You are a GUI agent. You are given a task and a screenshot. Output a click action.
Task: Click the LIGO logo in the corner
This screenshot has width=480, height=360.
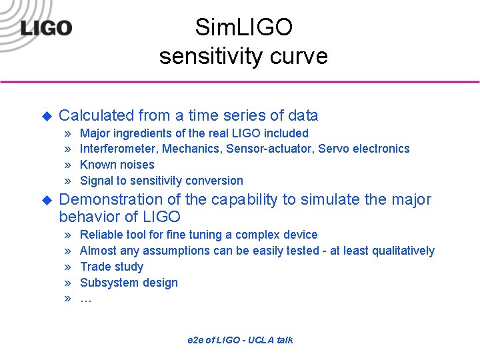pyautogui.click(x=45, y=28)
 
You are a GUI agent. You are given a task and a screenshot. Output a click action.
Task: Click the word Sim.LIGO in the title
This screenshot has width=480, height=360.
pyautogui.click(x=243, y=27)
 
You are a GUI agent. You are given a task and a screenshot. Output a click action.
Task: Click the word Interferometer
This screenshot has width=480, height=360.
pyautogui.click(x=117, y=149)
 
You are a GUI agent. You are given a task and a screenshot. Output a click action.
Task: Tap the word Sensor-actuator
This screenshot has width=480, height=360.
pyautogui.click(x=270, y=149)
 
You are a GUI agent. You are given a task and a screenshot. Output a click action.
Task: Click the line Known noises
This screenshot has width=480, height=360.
pyautogui.click(x=117, y=165)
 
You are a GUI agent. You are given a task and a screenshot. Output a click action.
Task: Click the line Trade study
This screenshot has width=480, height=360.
pyautogui.click(x=111, y=267)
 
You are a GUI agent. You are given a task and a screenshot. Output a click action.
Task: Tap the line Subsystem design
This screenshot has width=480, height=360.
pyautogui.click(x=129, y=283)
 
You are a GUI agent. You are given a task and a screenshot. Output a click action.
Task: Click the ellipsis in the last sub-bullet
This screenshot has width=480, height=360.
pyautogui.click(x=85, y=299)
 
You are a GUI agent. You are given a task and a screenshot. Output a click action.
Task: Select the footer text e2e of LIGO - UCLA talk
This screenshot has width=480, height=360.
pyautogui.click(x=240, y=340)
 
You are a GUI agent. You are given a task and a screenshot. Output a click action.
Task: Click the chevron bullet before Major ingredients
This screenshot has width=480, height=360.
pyautogui.click(x=67, y=133)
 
